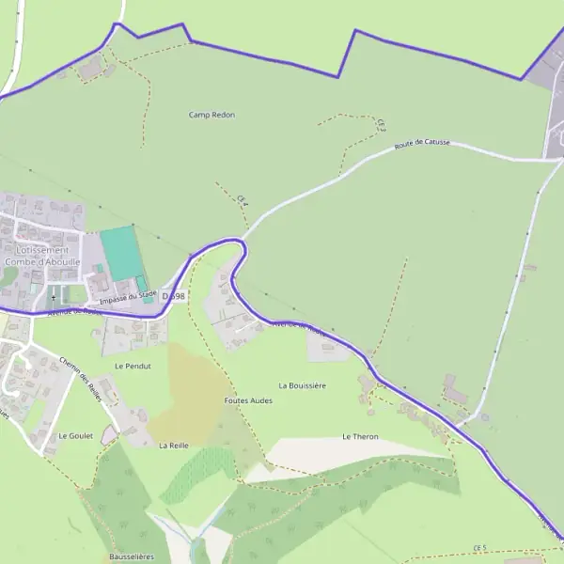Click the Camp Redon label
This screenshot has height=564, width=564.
point(211,115)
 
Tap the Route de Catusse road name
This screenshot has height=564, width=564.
point(422,145)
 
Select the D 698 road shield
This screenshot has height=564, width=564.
point(174,295)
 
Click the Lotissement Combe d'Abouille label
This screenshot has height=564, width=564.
point(42,257)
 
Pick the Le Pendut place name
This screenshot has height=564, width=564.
point(133,365)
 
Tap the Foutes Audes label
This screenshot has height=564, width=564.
point(247,399)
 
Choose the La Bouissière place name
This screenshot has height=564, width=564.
point(302,385)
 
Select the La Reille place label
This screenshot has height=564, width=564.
point(174,445)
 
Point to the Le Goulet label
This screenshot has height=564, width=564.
point(75,436)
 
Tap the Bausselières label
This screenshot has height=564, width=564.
point(131,556)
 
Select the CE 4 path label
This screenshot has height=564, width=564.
point(243,197)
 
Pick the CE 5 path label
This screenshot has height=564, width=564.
point(480,547)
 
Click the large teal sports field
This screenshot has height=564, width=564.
point(118,252)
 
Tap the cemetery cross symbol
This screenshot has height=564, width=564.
point(54,297)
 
